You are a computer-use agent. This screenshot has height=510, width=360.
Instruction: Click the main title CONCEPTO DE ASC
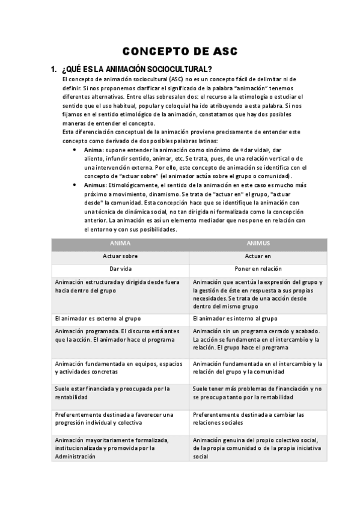(180, 52)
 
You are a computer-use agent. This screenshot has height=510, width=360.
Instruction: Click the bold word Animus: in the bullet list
(95, 185)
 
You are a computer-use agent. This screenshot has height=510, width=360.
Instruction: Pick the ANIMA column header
(120, 244)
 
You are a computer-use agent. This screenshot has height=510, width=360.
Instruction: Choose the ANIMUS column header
(258, 244)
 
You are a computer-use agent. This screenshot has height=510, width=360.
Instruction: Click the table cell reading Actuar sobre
(120, 256)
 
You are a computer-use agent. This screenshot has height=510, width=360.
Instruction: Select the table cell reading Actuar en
(258, 256)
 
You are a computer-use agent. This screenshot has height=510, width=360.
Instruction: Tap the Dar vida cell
(120, 269)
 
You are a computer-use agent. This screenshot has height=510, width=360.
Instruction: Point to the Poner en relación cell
(258, 269)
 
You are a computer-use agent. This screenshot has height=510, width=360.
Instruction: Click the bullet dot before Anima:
(74, 149)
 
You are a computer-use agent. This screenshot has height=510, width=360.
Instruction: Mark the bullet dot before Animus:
(74, 185)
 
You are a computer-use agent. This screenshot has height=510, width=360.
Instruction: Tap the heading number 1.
(54, 69)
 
